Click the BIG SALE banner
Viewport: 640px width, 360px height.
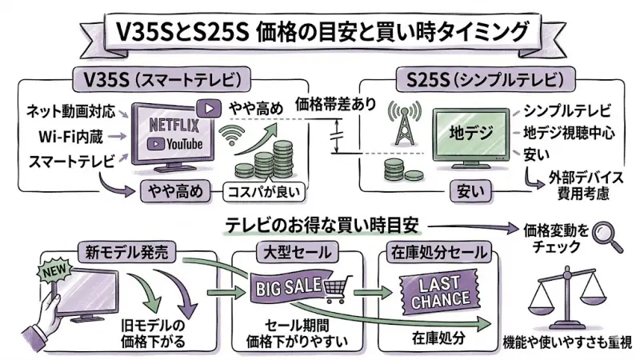tap(286, 286)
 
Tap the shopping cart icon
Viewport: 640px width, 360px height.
tap(339, 285)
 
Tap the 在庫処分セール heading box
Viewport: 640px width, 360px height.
tap(438, 253)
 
